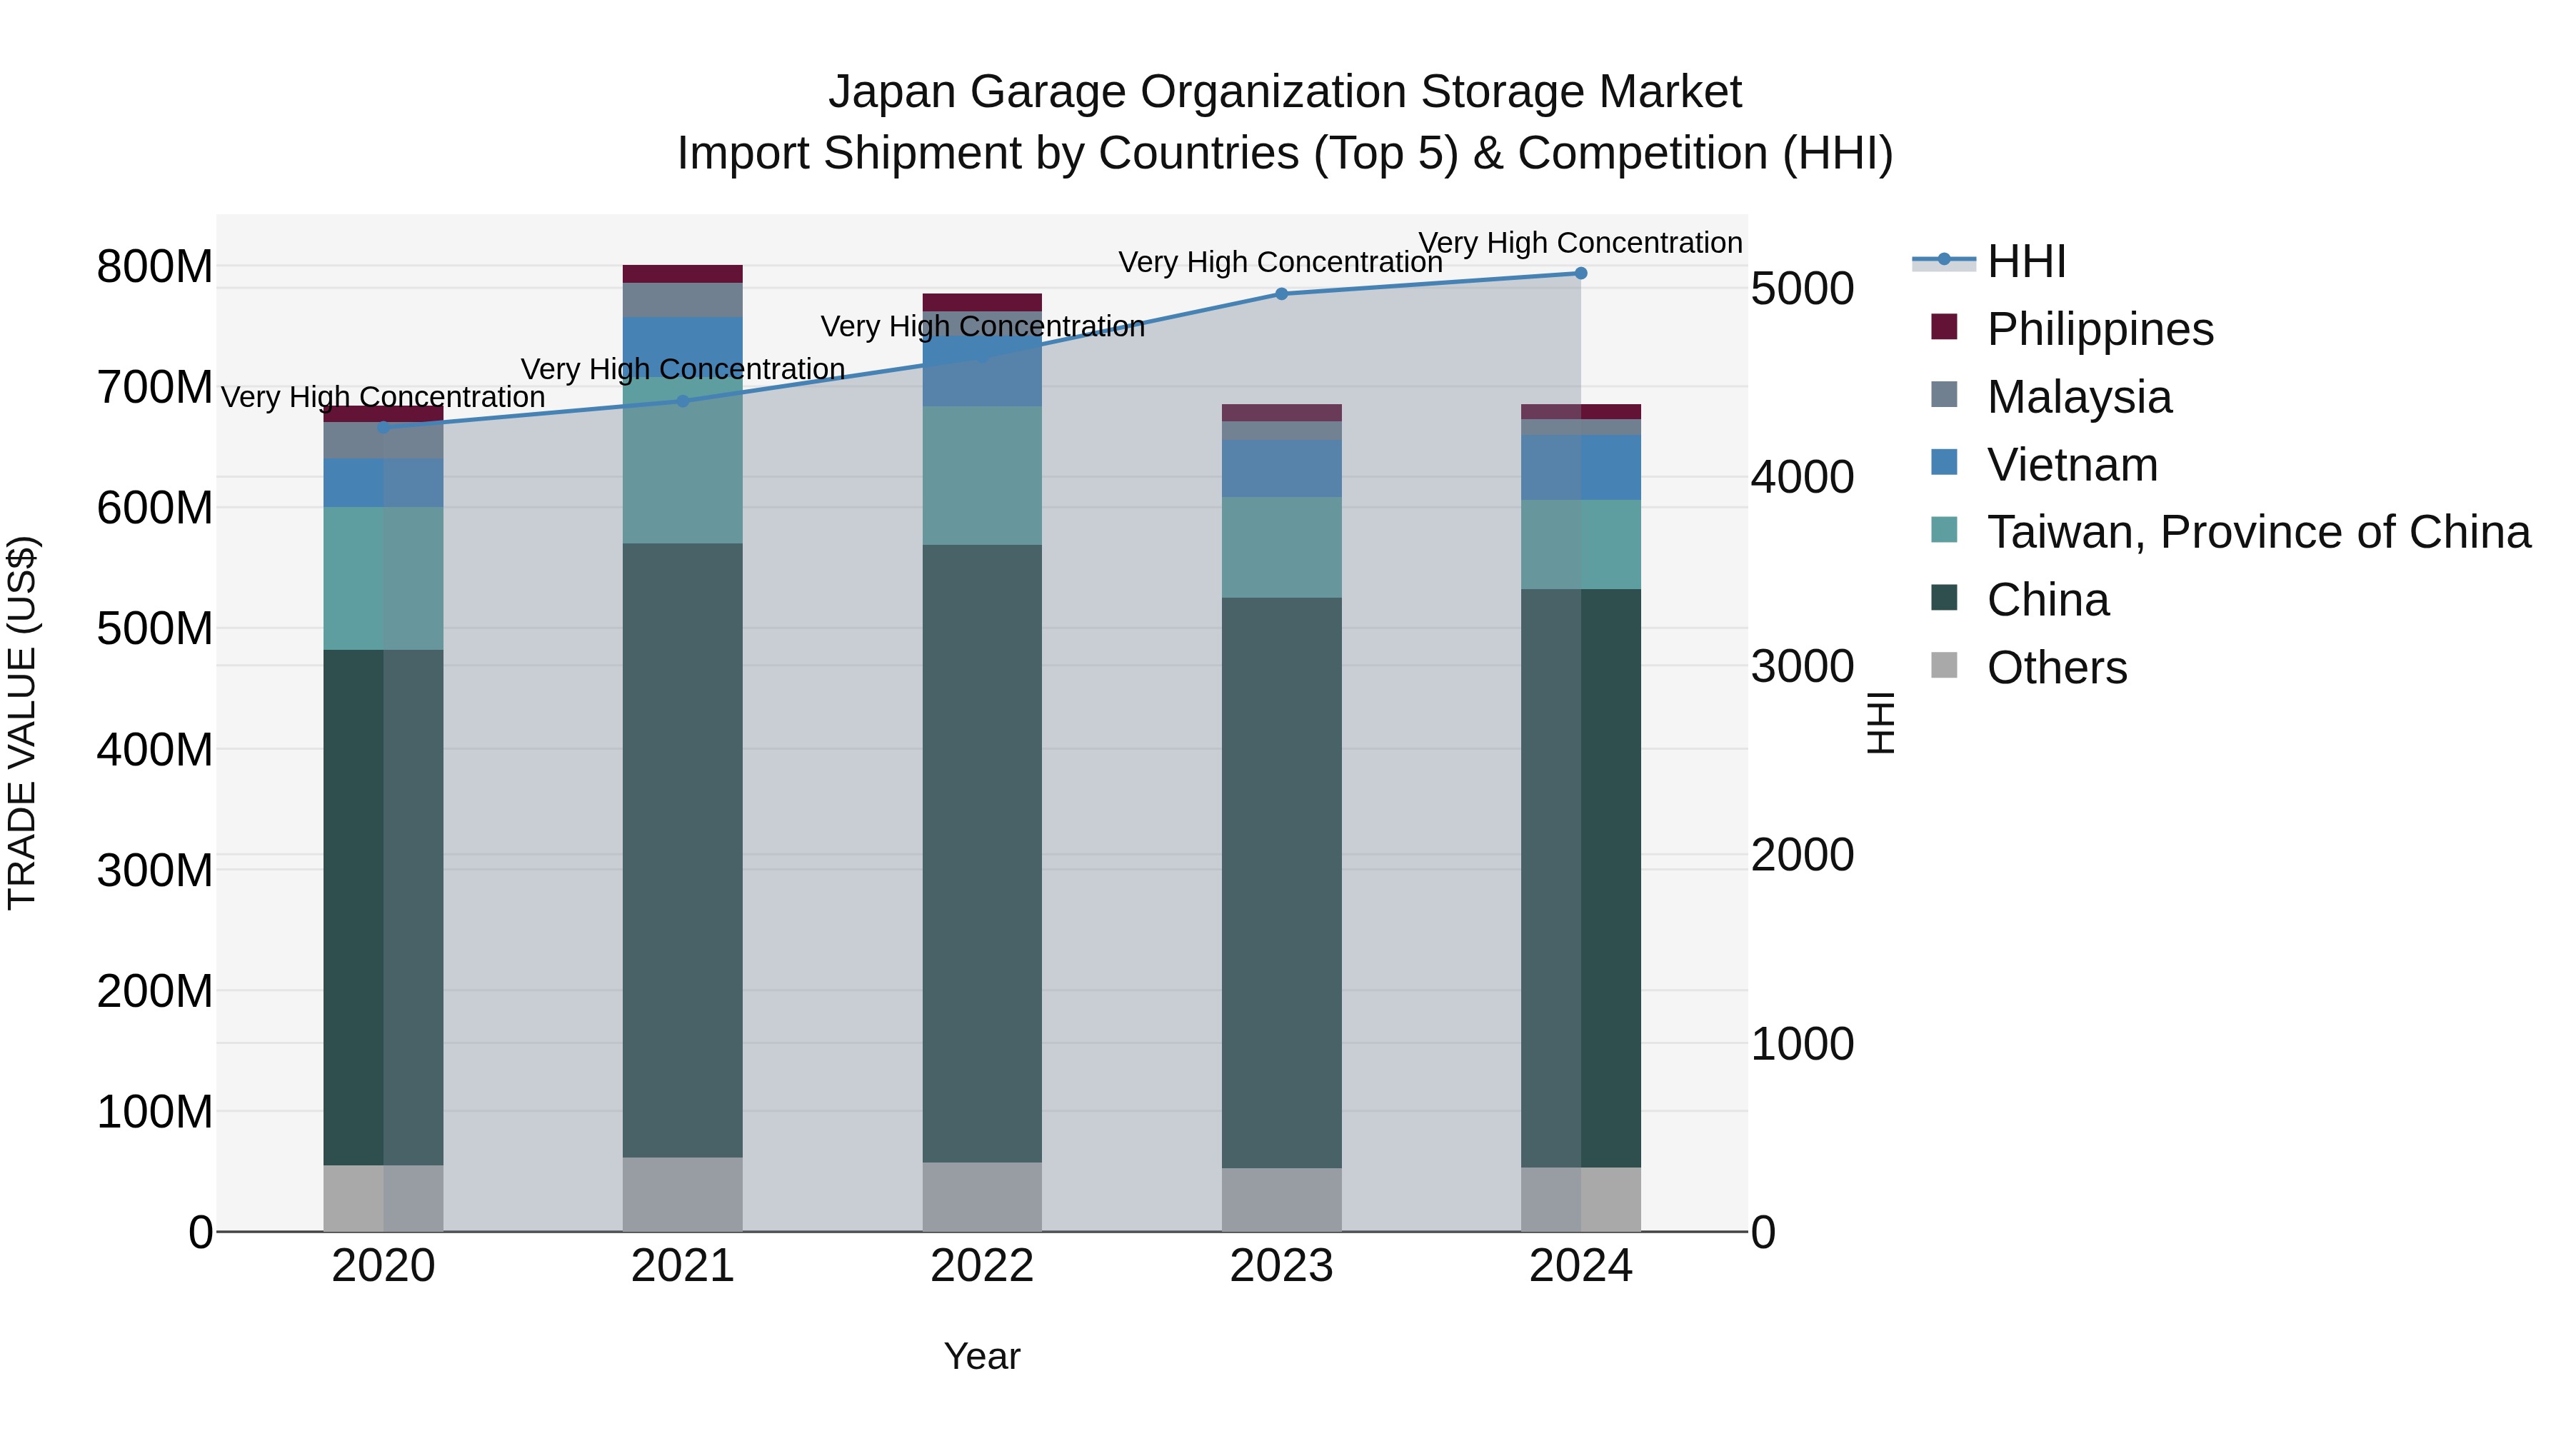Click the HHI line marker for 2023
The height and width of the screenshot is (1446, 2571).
click(1281, 293)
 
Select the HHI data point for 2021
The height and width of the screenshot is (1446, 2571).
click(683, 401)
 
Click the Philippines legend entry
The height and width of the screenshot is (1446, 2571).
click(2099, 329)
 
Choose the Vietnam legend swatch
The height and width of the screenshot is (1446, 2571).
click(1944, 463)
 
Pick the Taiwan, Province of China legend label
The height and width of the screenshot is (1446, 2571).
click(2257, 532)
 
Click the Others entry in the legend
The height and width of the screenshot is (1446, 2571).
click(2056, 668)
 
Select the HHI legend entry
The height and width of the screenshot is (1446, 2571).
click(2025, 261)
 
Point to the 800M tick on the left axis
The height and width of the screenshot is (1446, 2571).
click(155, 266)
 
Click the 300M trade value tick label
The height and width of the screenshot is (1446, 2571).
click(155, 870)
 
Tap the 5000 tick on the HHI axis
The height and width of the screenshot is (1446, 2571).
click(1802, 288)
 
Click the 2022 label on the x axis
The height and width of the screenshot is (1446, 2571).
click(981, 1266)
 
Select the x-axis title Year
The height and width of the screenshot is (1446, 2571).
click(981, 1356)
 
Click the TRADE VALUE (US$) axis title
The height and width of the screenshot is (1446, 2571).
click(22, 723)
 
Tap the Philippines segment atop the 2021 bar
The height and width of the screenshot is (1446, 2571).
click(683, 273)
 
